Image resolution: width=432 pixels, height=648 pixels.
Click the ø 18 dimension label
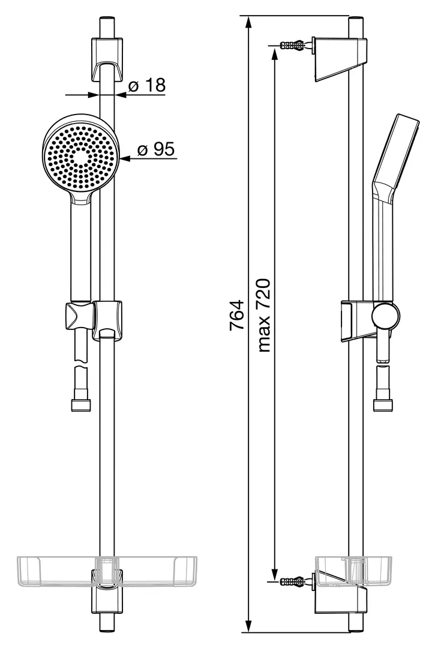[147, 85]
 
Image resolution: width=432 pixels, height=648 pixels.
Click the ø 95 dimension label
[156, 149]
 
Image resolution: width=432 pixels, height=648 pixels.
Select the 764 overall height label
[237, 315]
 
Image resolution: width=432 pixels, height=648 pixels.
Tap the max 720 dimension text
[264, 316]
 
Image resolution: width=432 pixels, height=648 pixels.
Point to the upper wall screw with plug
[293, 44]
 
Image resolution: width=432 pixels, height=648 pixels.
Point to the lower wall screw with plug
[293, 581]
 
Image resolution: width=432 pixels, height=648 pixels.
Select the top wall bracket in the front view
[107, 59]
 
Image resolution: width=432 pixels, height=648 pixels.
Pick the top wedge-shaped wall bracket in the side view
[340, 58]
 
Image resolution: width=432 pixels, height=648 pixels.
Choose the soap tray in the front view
[107, 572]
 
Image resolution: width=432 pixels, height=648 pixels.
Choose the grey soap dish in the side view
[353, 572]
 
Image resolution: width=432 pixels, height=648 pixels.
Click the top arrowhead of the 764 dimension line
[248, 22]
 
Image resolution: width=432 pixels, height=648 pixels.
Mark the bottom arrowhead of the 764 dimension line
[248, 626]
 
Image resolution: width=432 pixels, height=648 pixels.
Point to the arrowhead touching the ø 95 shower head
[125, 157]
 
